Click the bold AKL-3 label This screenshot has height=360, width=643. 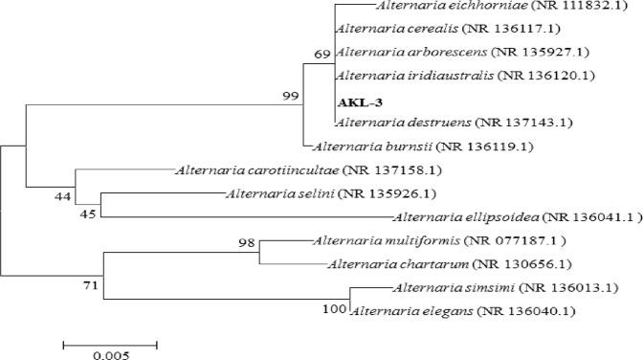[x=357, y=100]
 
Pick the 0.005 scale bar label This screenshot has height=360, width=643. [x=109, y=354]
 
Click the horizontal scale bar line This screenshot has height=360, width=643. [x=110, y=341]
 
